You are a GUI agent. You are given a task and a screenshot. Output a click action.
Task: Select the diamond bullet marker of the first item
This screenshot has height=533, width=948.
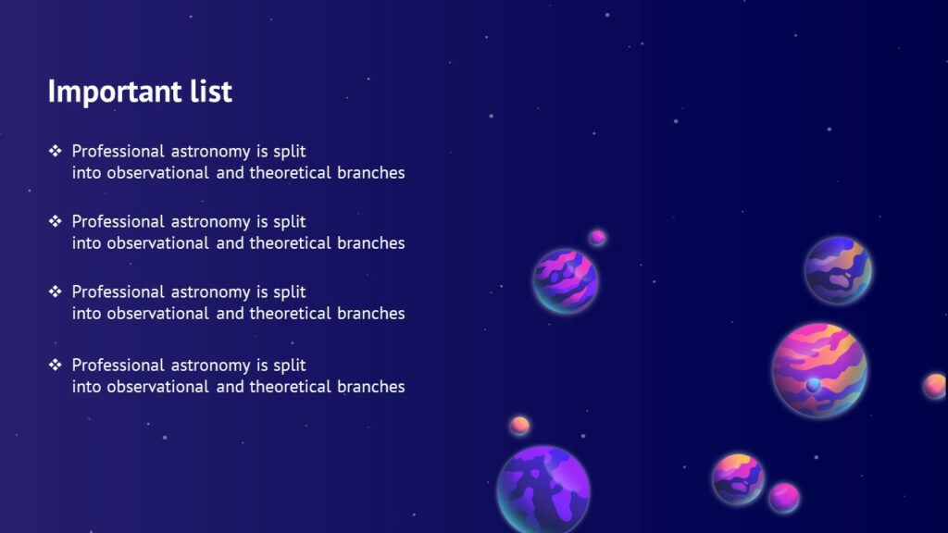click(55, 150)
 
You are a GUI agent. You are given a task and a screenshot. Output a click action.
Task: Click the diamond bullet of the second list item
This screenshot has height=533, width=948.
click(55, 221)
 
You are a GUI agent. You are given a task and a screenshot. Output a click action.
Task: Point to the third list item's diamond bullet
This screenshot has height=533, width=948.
click(55, 291)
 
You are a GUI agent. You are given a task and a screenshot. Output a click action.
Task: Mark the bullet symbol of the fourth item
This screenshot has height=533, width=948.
click(55, 365)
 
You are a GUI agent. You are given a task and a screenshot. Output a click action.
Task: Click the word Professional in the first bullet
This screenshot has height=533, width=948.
click(118, 151)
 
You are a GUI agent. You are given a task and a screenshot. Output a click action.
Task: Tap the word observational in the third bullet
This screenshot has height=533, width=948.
click(157, 314)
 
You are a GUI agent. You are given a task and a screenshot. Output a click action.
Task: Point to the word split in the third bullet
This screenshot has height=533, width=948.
click(289, 292)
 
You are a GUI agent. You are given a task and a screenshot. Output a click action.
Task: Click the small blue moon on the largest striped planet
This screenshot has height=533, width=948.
click(813, 384)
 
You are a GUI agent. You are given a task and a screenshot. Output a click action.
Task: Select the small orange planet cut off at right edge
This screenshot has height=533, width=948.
click(935, 386)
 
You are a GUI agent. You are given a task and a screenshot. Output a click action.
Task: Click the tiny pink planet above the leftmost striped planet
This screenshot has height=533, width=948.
click(597, 238)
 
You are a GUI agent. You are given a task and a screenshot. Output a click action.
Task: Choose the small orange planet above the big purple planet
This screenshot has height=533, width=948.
click(519, 426)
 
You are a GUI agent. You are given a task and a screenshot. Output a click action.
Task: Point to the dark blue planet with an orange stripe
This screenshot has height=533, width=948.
click(837, 270)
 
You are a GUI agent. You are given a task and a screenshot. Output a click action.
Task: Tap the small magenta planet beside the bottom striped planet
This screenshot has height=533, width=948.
click(784, 497)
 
